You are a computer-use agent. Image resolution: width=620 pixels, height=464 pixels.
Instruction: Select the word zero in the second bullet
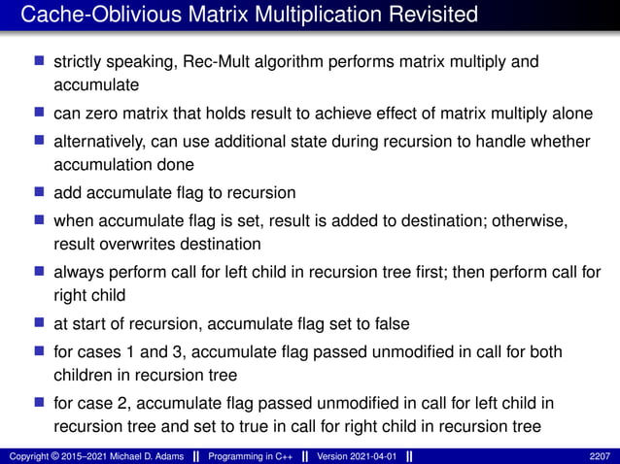coord(106,114)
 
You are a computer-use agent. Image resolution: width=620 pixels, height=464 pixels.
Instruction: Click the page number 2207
coord(602,455)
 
